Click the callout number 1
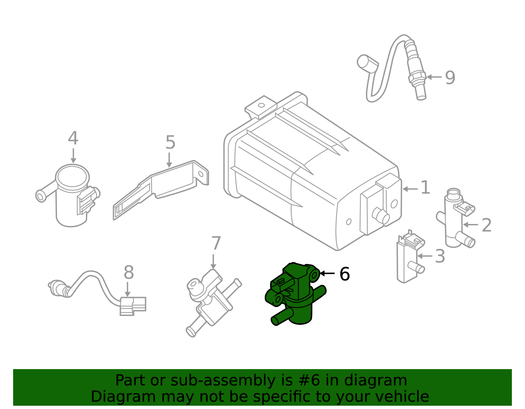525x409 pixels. pyautogui.click(x=425, y=188)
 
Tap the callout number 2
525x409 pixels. pyautogui.click(x=487, y=225)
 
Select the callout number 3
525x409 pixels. pyautogui.click(x=440, y=256)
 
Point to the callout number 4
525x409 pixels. pyautogui.click(x=73, y=139)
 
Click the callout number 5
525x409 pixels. pyautogui.click(x=170, y=143)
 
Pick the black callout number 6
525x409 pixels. pyautogui.click(x=345, y=274)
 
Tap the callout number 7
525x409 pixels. pyautogui.click(x=216, y=244)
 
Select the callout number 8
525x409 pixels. pyautogui.click(x=129, y=272)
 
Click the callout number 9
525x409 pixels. pyautogui.click(x=450, y=78)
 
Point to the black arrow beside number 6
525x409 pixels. pyautogui.click(x=327, y=273)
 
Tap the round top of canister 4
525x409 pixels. pyautogui.click(x=72, y=176)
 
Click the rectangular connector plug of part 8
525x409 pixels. pyautogui.click(x=133, y=306)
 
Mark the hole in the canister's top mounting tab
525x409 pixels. pyautogui.click(x=261, y=105)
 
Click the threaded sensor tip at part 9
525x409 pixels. pyautogui.click(x=420, y=92)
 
